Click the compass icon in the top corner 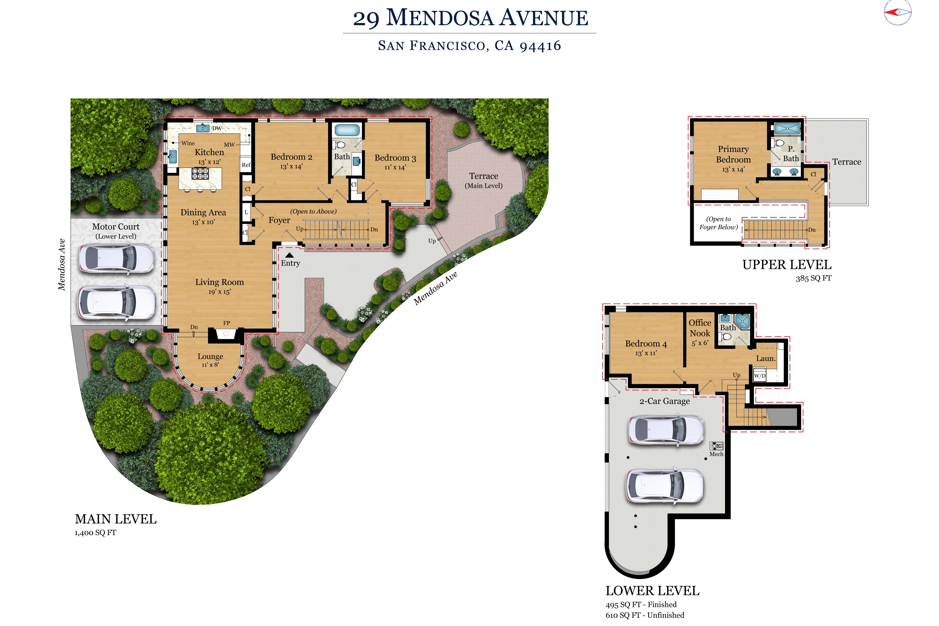(x=897, y=12)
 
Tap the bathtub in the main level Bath (x=347, y=130)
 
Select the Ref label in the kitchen (x=246, y=165)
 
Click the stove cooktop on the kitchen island (x=200, y=174)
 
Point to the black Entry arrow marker (x=289, y=255)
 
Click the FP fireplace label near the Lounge (x=226, y=323)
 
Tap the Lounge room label (x=210, y=357)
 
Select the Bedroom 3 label (x=395, y=158)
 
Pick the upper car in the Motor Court (x=116, y=258)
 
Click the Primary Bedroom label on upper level (x=733, y=154)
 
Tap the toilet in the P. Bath (x=779, y=143)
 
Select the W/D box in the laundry (x=759, y=376)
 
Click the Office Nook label (x=700, y=328)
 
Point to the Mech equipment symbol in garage (x=716, y=446)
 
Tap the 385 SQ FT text (x=813, y=278)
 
